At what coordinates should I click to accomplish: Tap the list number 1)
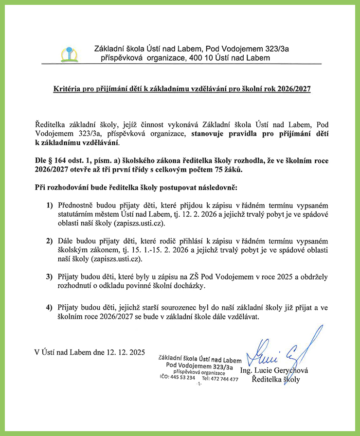[49, 206]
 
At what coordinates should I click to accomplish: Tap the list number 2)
[49, 241]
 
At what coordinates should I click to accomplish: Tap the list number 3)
[49, 277]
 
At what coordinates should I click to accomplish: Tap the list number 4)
[49, 308]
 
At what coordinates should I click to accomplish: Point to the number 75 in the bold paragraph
[216, 170]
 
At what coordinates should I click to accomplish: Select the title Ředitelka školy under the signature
[276, 380]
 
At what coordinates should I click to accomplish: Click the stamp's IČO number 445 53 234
[182, 378]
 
